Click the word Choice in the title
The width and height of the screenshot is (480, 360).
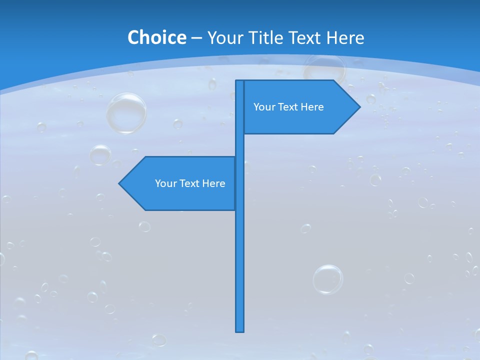(156, 37)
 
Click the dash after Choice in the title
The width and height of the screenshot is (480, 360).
(196, 38)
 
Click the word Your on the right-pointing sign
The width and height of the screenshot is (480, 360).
(263, 107)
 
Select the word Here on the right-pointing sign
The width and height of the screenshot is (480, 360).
(311, 107)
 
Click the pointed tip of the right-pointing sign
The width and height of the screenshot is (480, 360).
(359, 106)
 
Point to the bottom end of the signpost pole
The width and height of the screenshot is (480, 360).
(240, 330)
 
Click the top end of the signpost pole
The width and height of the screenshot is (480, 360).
(240, 81)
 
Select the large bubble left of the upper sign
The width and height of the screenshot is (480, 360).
(126, 112)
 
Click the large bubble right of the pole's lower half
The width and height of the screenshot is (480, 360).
(328, 279)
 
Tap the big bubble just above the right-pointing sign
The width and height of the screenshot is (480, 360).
(324, 68)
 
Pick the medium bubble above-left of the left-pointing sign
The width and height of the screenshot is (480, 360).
(100, 155)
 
